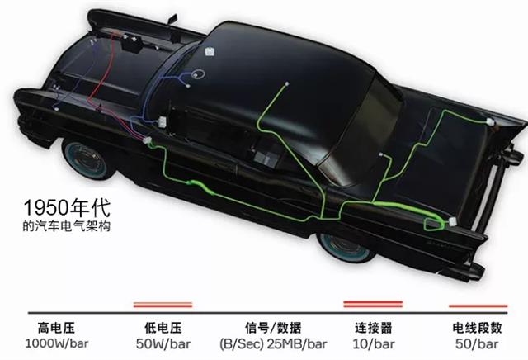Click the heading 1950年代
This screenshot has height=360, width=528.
[67, 207]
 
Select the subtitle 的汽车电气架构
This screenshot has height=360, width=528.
[67, 226]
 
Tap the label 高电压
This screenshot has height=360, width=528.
[56, 328]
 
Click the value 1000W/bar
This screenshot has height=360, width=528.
[57, 343]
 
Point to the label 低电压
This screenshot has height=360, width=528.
[163, 328]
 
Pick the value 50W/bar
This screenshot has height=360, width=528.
[163, 343]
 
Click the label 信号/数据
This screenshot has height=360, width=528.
[273, 328]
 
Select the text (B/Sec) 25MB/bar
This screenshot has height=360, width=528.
[273, 343]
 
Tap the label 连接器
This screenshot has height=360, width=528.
[374, 328]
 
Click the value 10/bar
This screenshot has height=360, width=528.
[374, 343]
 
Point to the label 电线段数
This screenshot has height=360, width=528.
[477, 328]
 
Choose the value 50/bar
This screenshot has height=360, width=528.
[477, 343]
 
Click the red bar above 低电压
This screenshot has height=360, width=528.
[163, 305]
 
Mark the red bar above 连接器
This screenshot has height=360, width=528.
[373, 304]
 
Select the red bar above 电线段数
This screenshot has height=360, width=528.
[478, 306]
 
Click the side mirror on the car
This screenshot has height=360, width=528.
[172, 19]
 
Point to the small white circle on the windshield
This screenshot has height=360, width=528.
[198, 74]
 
